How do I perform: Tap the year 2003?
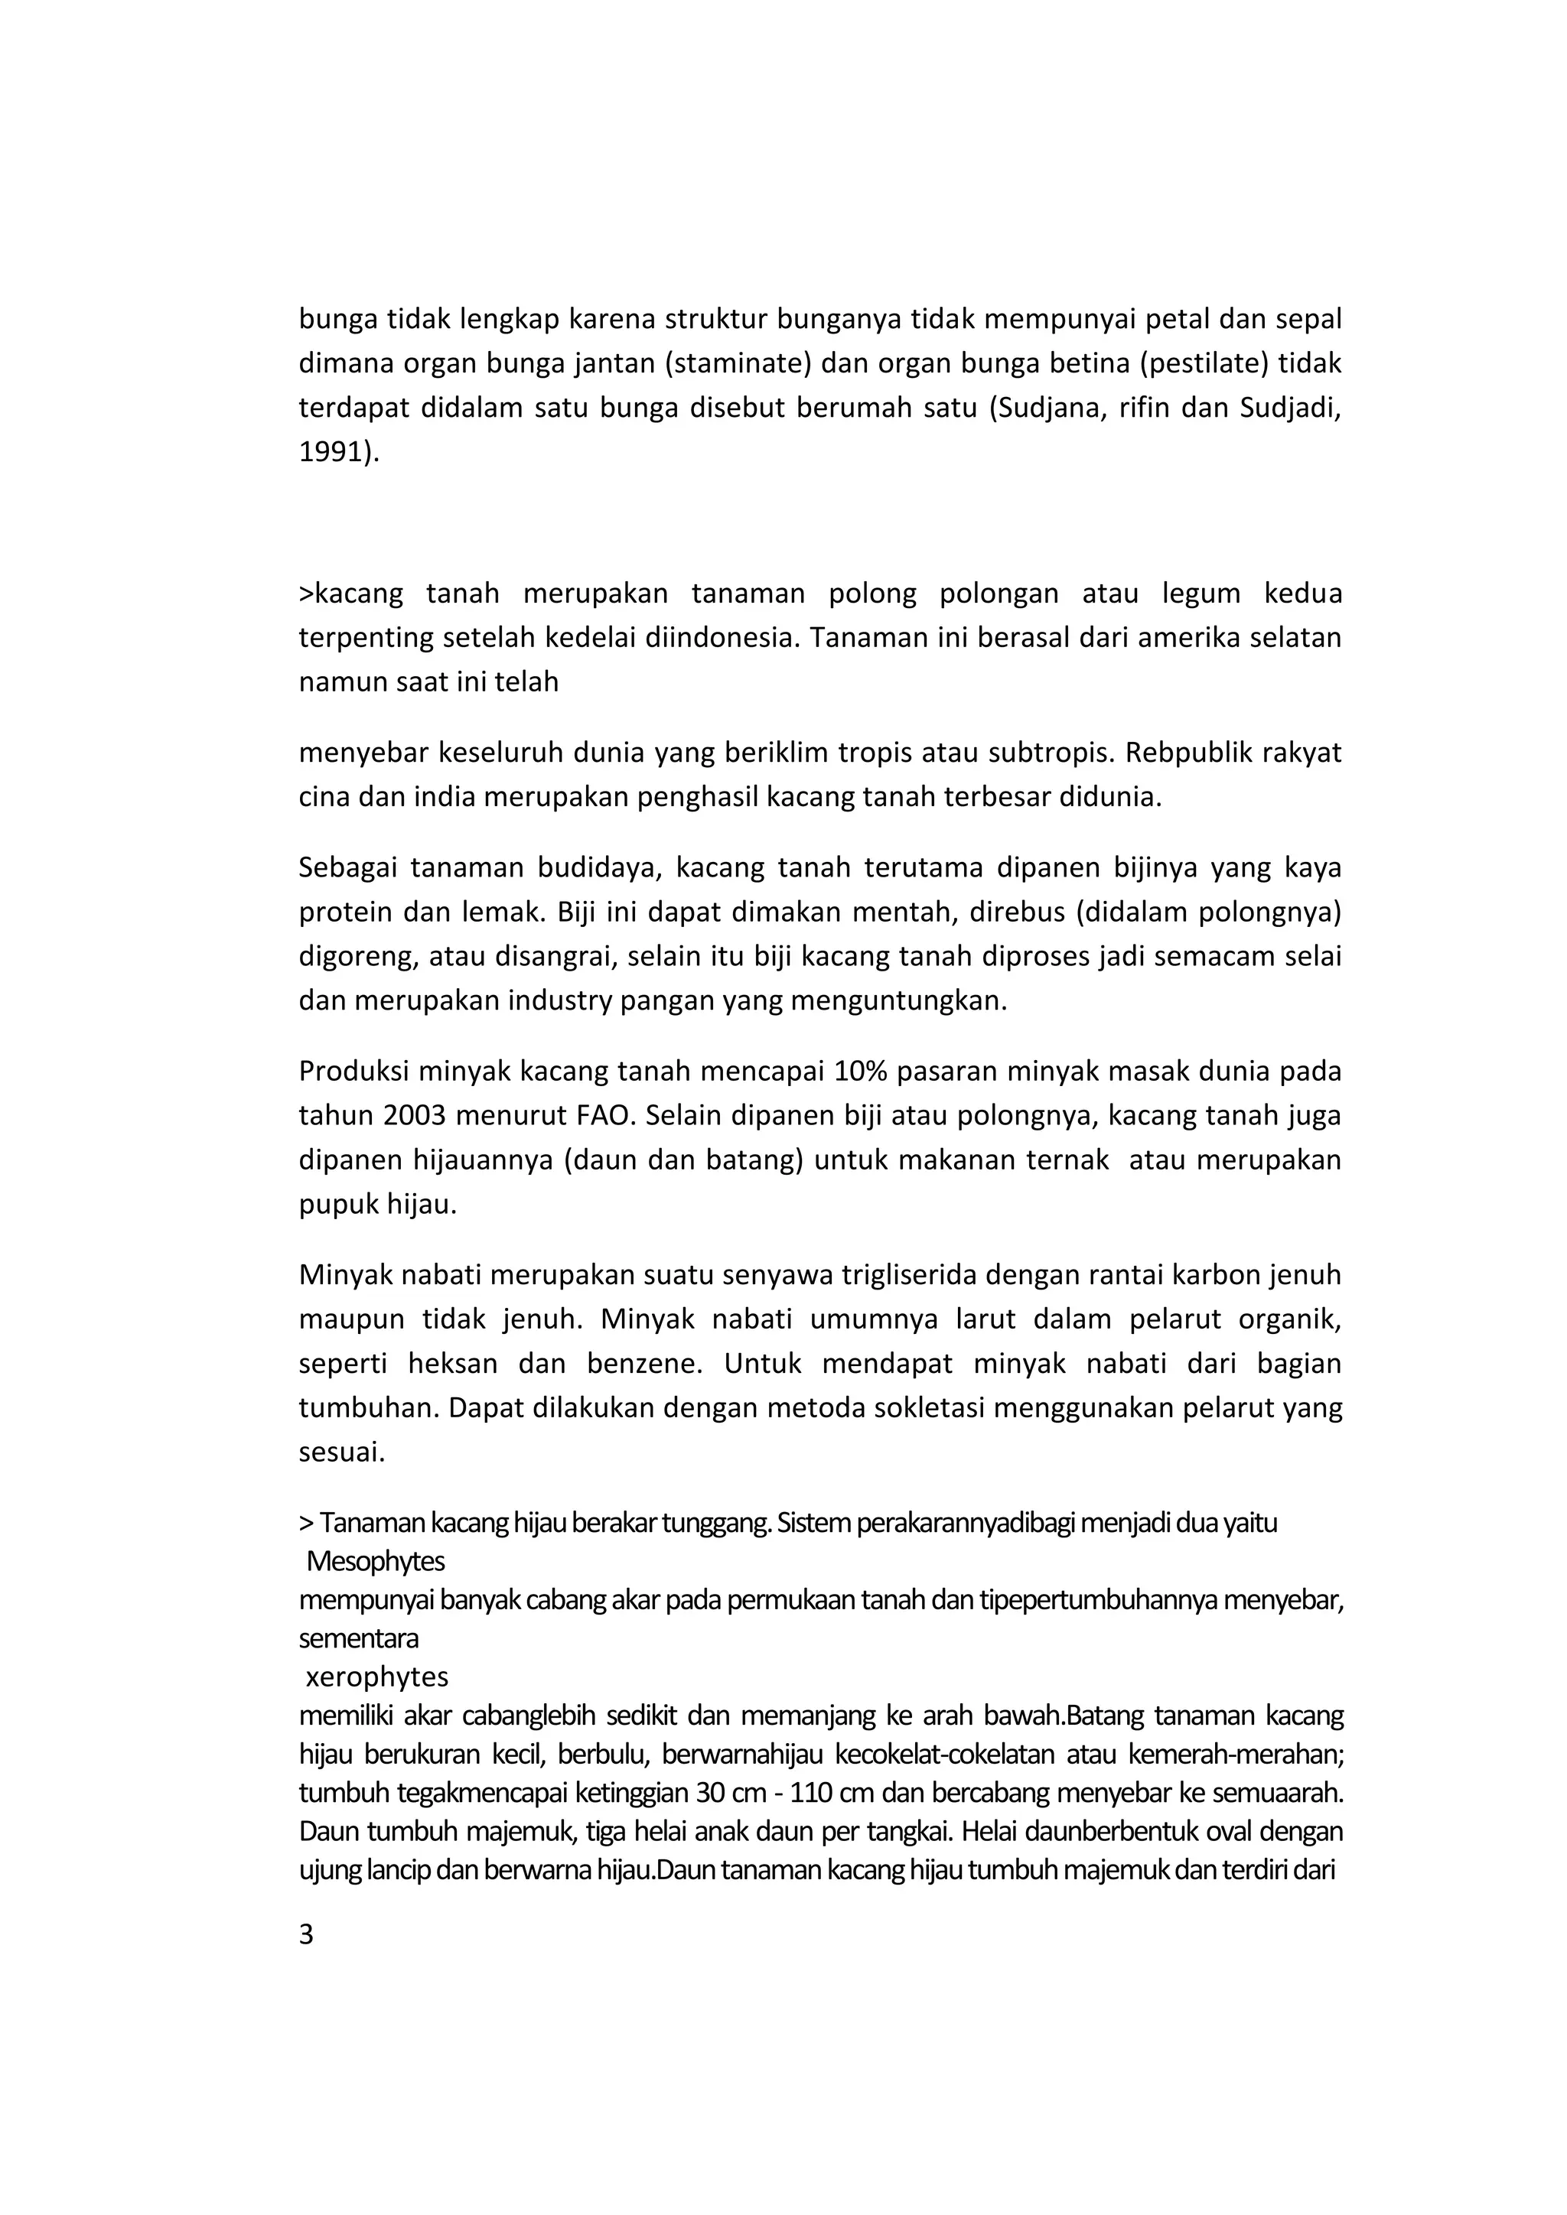coord(415,1116)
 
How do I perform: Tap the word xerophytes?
coord(377,1677)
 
